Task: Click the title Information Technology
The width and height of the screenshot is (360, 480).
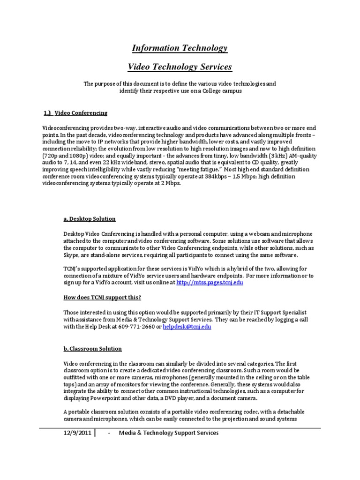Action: [180, 48]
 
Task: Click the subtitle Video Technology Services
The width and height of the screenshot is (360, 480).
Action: [180, 67]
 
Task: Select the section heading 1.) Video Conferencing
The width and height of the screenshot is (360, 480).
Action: [75, 113]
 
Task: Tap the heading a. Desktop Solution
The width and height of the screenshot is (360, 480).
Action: [89, 219]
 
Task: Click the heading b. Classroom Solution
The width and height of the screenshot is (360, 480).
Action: [92, 349]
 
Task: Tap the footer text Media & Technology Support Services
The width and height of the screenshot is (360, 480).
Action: [169, 433]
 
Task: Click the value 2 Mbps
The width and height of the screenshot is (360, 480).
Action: [169, 183]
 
